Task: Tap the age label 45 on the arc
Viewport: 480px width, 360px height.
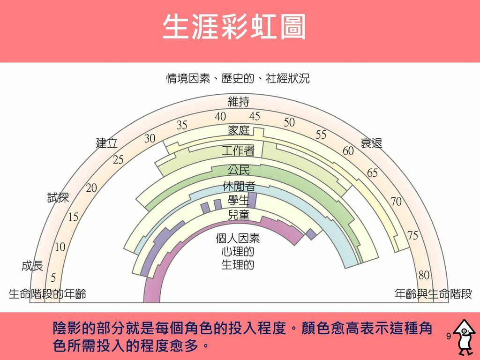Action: (255, 116)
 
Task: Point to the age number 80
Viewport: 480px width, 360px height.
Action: (424, 276)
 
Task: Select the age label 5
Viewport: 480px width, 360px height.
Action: (53, 278)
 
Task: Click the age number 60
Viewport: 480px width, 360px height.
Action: (348, 151)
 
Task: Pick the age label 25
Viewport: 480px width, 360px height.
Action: (118, 160)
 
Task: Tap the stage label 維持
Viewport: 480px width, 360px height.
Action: (239, 101)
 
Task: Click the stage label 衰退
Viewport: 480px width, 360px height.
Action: (371, 143)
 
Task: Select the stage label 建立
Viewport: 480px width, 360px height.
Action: (107, 143)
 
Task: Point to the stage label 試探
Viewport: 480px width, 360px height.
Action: (58, 197)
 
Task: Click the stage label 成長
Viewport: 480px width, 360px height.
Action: (32, 266)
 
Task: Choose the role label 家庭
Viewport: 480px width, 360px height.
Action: (239, 131)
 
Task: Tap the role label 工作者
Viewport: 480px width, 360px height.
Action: (238, 150)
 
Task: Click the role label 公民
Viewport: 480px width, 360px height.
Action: (239, 170)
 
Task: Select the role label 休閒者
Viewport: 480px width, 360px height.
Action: (239, 186)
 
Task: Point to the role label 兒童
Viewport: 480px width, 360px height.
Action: (239, 215)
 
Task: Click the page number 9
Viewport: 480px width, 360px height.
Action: (449, 337)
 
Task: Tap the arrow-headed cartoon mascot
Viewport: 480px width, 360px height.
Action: (465, 337)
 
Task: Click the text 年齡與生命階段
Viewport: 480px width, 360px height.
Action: (433, 294)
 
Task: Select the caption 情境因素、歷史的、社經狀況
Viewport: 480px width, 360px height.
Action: (238, 78)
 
